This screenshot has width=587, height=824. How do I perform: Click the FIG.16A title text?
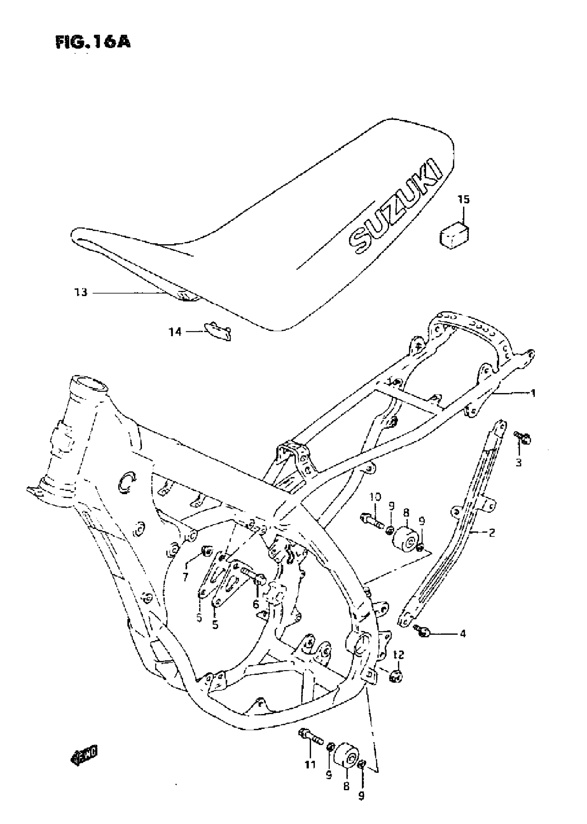click(93, 42)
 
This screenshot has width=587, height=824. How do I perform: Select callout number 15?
click(464, 199)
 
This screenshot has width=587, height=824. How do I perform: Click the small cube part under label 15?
click(454, 237)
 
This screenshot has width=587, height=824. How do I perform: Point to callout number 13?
click(81, 292)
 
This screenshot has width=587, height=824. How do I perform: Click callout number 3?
click(519, 463)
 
